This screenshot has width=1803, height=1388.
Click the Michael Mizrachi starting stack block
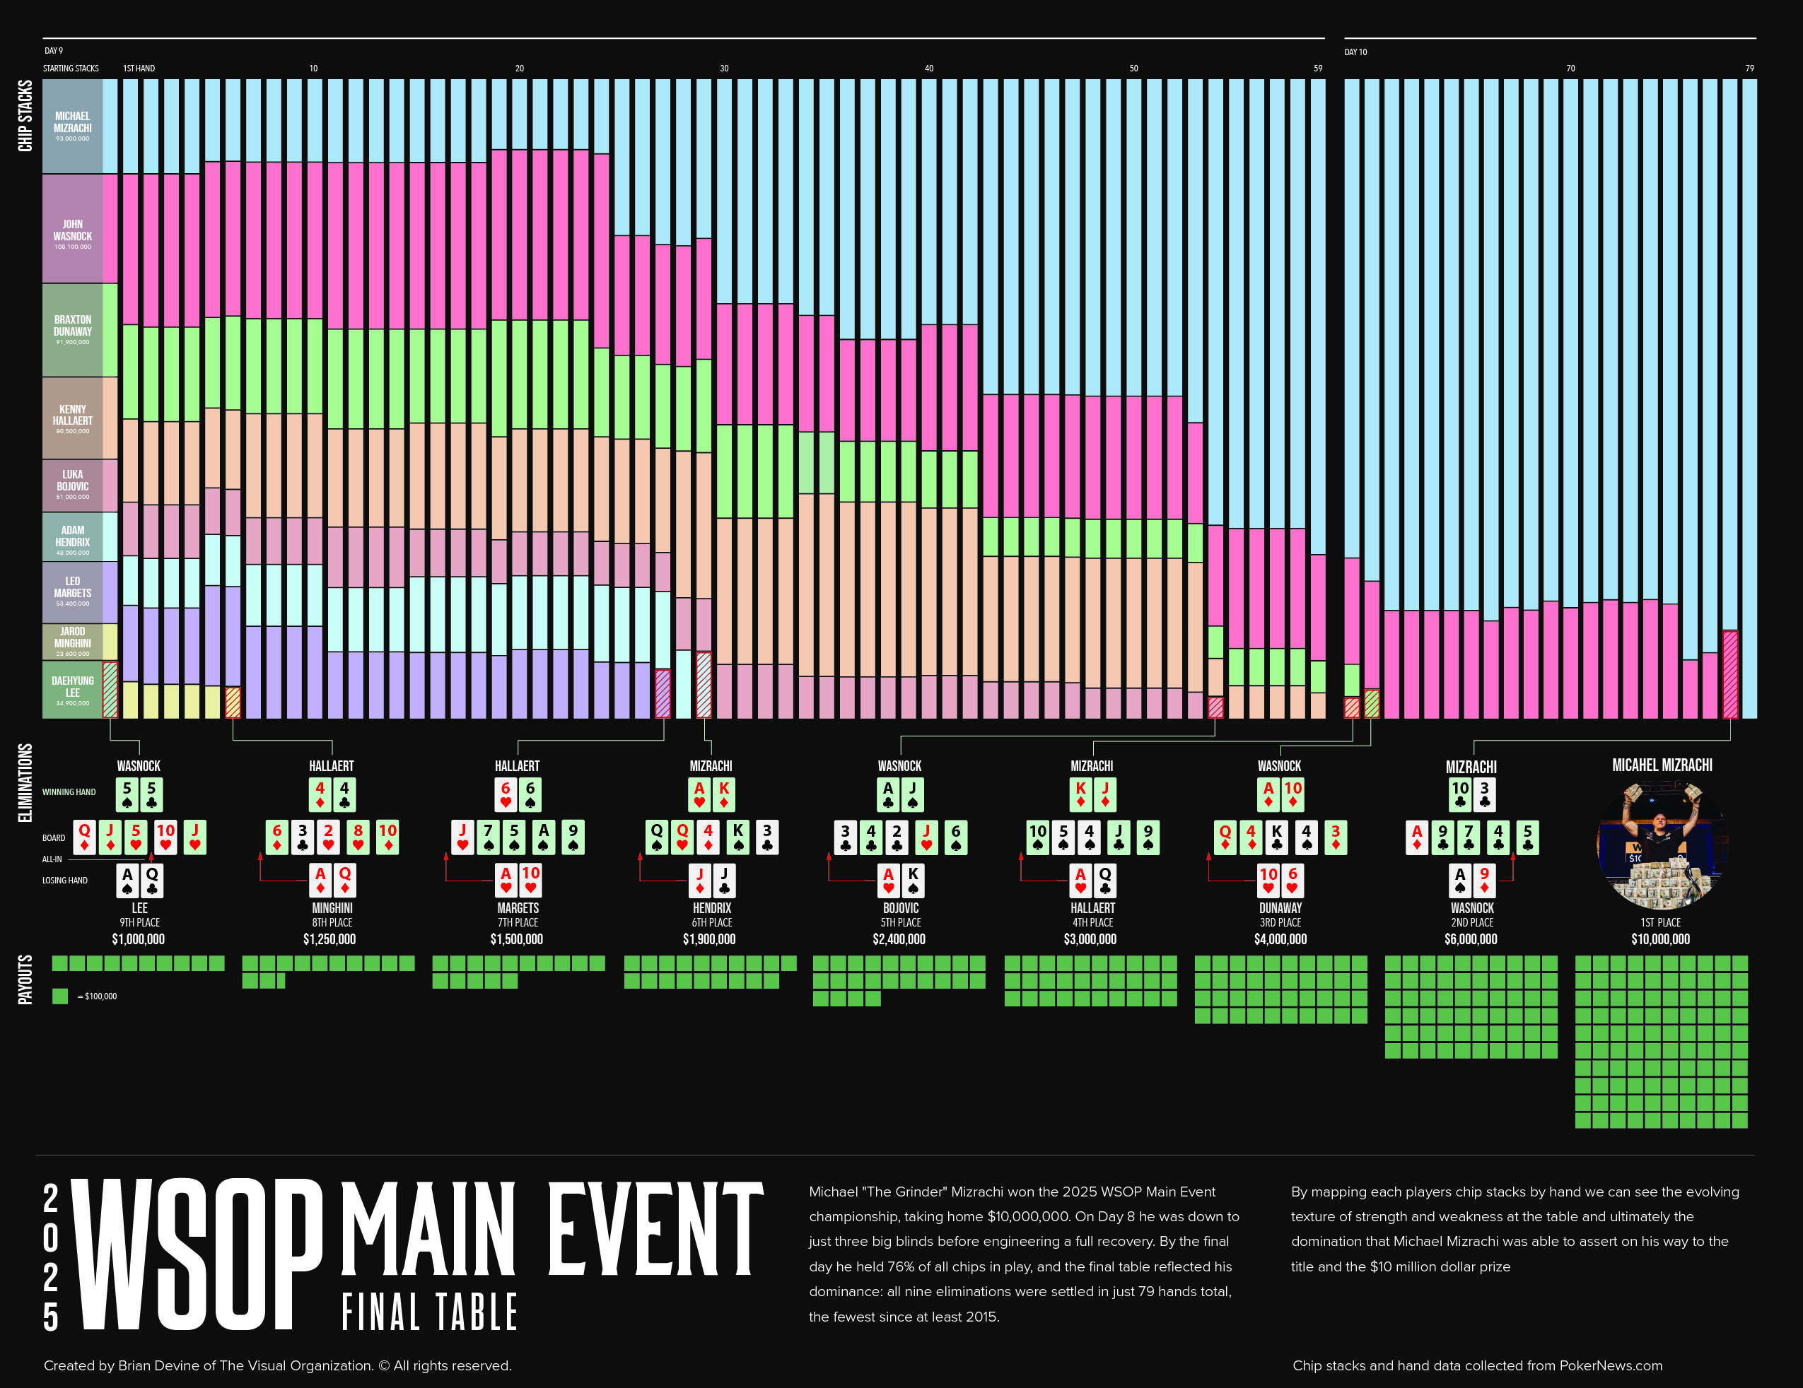click(x=73, y=127)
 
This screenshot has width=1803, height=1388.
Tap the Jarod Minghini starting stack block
click(x=73, y=641)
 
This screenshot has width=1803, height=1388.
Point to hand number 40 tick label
click(x=929, y=69)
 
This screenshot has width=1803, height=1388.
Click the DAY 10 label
click(x=1355, y=52)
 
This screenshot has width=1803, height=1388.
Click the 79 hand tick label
click(x=1749, y=69)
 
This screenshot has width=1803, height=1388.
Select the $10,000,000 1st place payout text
click(x=1660, y=939)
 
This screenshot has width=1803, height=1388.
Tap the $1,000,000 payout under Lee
click(x=139, y=939)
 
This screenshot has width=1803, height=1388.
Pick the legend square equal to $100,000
click(x=60, y=996)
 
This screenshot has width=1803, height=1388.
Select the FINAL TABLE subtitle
click(x=429, y=1312)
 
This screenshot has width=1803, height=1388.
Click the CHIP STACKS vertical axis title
click(x=25, y=115)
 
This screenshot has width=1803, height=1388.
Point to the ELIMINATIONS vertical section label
click(x=25, y=782)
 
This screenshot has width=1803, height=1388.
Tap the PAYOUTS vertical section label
click(x=25, y=980)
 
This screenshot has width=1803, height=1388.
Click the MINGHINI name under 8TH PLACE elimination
click(x=332, y=907)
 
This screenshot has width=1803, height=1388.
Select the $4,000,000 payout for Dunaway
click(x=1280, y=939)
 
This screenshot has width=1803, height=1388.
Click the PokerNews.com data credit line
click(x=1477, y=1365)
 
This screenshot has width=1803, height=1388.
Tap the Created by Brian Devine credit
click(x=277, y=1365)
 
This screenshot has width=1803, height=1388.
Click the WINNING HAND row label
click(x=69, y=792)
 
